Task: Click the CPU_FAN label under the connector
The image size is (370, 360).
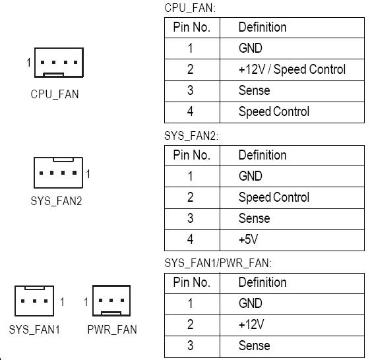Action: [x=55, y=94]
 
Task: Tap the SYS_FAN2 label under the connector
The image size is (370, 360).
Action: [x=56, y=201]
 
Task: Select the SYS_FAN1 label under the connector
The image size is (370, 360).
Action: [x=34, y=329]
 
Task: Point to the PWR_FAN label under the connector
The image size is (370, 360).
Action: [x=112, y=329]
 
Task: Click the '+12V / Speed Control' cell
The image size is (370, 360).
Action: [x=292, y=69]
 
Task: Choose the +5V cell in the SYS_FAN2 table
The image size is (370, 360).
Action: [x=248, y=239]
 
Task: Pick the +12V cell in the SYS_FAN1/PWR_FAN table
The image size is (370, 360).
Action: [x=251, y=324]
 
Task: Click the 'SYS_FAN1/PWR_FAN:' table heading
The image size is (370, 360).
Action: [x=218, y=263]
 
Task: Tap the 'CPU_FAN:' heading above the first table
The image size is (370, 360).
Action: [x=190, y=8]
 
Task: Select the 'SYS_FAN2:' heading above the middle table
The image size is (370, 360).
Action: [x=191, y=136]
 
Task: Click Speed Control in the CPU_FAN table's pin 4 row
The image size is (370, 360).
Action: [x=274, y=111]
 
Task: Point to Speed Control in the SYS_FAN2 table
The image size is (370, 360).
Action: [x=274, y=197]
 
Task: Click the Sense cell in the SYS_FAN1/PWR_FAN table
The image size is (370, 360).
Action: [x=255, y=345]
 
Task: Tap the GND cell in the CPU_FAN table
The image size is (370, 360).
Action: [x=251, y=48]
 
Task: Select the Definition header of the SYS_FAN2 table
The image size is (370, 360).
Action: [x=262, y=155]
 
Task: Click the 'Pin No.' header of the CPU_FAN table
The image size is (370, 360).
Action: [x=192, y=27]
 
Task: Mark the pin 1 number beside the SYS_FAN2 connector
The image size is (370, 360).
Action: [x=88, y=174]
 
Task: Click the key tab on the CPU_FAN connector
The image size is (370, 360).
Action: [x=53, y=75]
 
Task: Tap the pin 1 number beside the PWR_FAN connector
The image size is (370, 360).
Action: [x=86, y=302]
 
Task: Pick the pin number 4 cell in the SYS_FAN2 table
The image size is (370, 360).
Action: [x=190, y=239]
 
